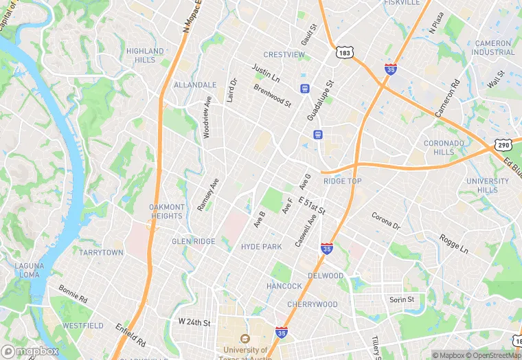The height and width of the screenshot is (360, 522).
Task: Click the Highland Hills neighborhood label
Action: click(145, 56)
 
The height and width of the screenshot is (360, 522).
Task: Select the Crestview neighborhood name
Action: click(284, 54)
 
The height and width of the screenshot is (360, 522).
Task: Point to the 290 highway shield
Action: click(503, 145)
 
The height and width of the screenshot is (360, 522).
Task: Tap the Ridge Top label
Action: click(342, 181)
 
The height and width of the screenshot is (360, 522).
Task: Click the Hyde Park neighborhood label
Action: click(261, 247)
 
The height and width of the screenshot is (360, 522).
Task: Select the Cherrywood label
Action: click(313, 304)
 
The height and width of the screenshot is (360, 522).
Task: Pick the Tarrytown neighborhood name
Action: click(101, 253)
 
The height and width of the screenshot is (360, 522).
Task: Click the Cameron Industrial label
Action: click(493, 47)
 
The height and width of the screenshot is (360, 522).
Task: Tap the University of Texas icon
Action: click(245, 339)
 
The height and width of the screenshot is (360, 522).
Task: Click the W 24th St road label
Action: click(194, 321)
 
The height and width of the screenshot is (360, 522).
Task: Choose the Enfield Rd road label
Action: click(130, 335)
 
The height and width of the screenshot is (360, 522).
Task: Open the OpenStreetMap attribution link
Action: click(492, 355)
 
